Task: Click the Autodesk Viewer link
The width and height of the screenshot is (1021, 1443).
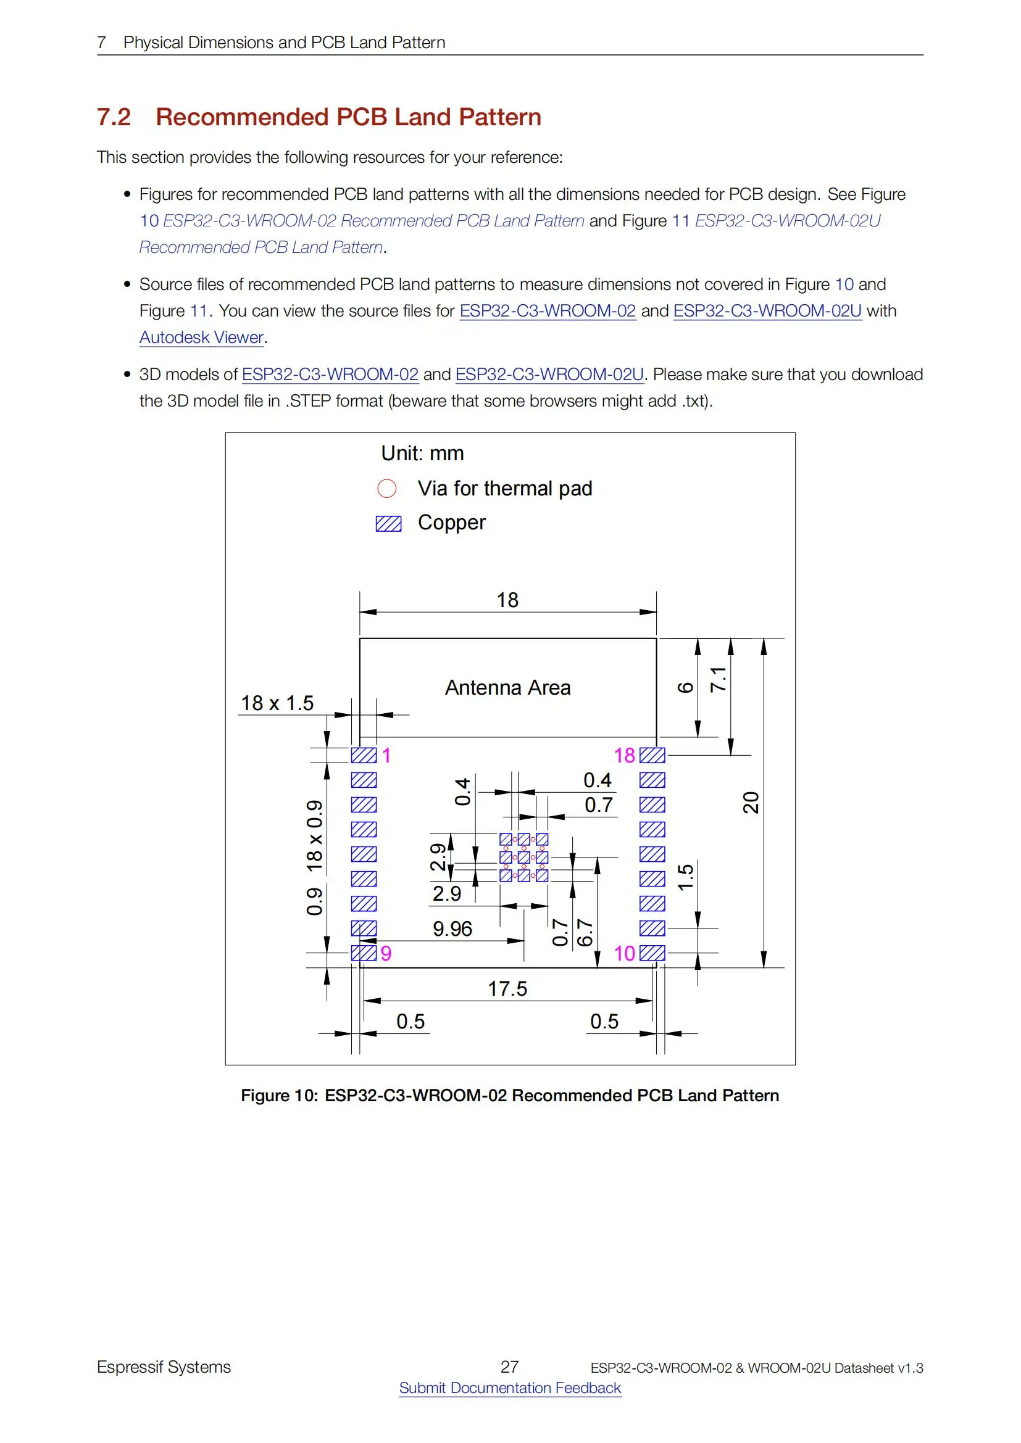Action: (201, 337)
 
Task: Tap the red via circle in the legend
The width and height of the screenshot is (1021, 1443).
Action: (386, 489)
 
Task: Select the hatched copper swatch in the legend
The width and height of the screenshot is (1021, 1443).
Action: (388, 523)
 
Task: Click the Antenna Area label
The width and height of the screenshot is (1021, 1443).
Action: (507, 687)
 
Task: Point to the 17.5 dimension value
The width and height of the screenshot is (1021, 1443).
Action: (507, 988)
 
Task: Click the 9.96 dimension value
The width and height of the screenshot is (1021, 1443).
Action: (452, 928)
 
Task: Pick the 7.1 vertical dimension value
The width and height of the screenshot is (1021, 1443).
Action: (718, 679)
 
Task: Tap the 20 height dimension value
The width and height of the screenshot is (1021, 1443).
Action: (751, 803)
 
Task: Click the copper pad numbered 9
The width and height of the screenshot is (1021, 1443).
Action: (364, 953)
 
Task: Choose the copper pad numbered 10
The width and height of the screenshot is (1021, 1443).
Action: (652, 953)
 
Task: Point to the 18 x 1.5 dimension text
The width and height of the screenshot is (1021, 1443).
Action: (277, 703)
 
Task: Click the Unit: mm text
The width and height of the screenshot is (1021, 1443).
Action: (422, 453)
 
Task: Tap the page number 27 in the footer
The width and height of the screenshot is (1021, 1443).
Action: (509, 1367)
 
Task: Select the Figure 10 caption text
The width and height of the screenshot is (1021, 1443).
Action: (510, 1096)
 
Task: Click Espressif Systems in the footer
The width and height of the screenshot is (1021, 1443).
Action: (164, 1367)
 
